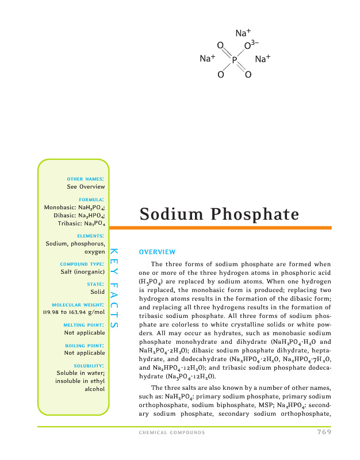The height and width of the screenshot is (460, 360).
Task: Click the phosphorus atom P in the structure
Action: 235,59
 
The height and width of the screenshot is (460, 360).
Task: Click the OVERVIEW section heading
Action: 157,252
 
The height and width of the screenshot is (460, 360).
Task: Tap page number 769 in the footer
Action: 324,432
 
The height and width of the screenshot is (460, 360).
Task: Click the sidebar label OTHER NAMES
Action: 86,179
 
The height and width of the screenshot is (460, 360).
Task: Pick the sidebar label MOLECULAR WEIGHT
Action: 78,304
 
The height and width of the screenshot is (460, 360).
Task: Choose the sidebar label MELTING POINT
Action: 86,324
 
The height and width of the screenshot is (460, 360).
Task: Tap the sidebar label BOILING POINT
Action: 86,345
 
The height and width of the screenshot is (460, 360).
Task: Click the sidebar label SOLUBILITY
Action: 89,365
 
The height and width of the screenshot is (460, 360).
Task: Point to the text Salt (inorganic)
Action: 83,272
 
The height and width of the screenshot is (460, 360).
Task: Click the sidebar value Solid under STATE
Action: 97,292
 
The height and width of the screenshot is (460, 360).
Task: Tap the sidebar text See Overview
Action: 86,187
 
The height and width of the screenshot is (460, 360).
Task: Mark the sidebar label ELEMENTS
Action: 90,236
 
